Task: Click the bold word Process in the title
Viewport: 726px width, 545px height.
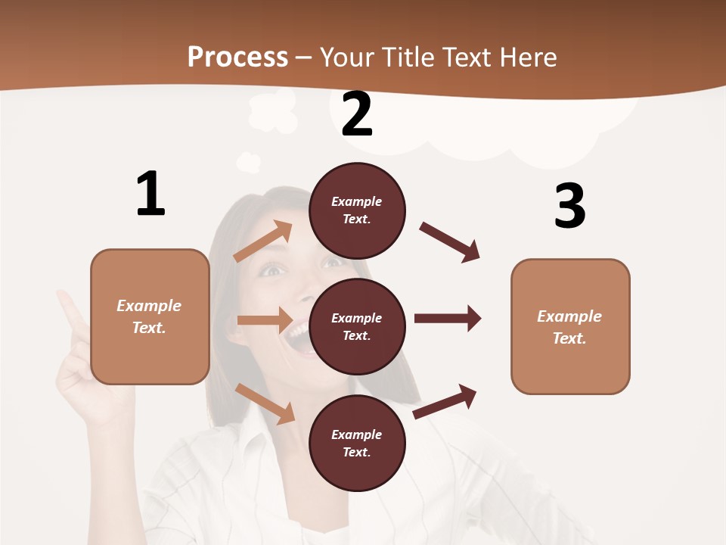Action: click(237, 57)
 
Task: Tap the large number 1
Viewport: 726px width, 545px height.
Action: click(150, 194)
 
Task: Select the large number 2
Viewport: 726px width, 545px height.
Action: click(357, 114)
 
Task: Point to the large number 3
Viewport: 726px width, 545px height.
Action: click(569, 206)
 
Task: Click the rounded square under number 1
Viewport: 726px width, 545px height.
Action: click(150, 316)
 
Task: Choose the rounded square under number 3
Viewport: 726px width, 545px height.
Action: click(570, 326)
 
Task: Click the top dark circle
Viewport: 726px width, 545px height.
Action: click(357, 210)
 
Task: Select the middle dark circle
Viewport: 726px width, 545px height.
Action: click(357, 326)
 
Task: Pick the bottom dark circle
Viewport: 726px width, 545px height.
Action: click(357, 443)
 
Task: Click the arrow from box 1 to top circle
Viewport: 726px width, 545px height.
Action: click(263, 241)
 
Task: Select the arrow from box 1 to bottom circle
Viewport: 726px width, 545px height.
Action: click(265, 403)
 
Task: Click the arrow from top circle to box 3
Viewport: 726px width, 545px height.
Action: click(450, 241)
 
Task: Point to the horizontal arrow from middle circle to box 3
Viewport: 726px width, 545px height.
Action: click(447, 318)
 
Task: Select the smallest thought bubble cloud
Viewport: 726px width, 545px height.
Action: click(248, 161)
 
